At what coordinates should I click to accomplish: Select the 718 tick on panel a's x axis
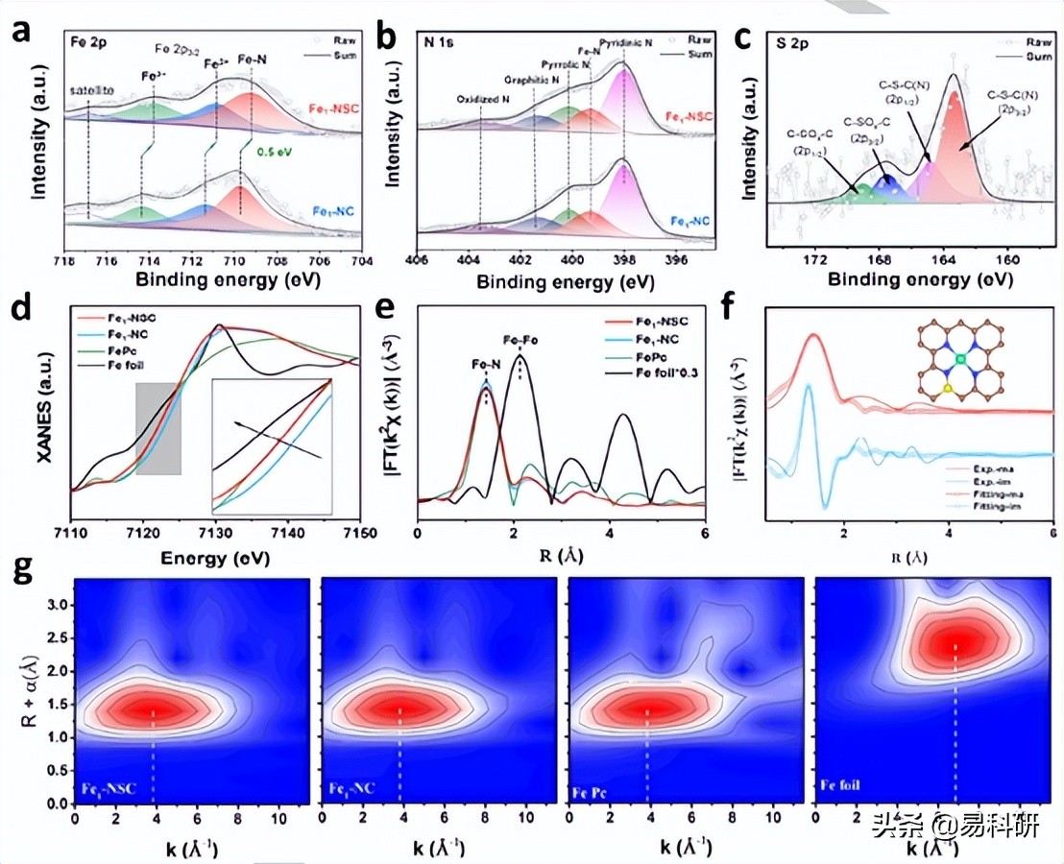pyautogui.click(x=65, y=259)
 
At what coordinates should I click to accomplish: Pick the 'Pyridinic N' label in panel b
pyautogui.click(x=628, y=44)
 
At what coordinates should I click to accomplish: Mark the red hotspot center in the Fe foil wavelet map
pyautogui.click(x=955, y=641)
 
